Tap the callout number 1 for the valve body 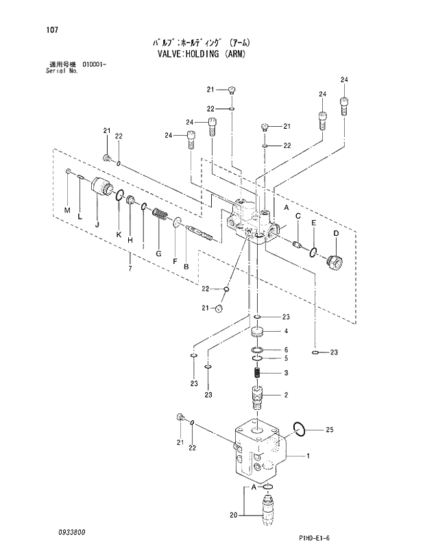308,456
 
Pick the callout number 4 286,332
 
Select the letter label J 97,223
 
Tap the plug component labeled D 336,261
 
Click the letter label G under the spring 158,254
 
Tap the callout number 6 286,350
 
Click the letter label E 313,223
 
